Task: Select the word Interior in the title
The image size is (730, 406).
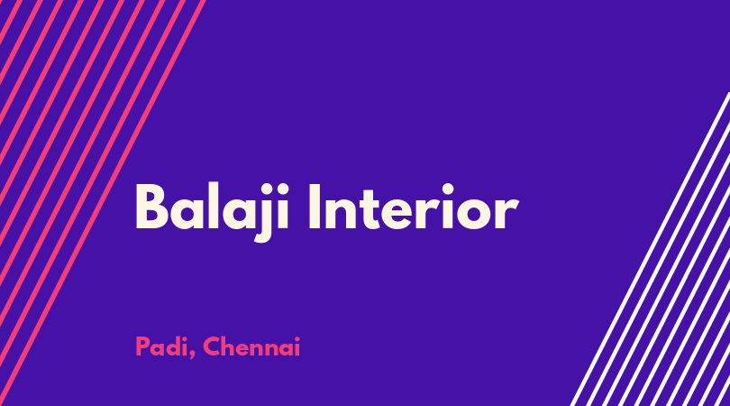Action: pyautogui.click(x=413, y=207)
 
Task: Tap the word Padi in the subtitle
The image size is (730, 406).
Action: pyautogui.click(x=161, y=346)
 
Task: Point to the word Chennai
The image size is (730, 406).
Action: pyautogui.click(x=251, y=346)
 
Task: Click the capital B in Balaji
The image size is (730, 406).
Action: pyautogui.click(x=151, y=207)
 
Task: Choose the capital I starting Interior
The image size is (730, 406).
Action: pyautogui.click(x=315, y=207)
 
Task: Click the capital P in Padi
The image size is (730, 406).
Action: pyautogui.click(x=141, y=346)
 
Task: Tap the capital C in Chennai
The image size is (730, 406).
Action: pyautogui.click(x=211, y=346)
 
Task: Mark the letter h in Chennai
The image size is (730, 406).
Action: pyautogui.click(x=228, y=346)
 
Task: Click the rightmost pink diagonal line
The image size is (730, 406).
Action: pyautogui.click(x=102, y=203)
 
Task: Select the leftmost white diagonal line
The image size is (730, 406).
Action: pyautogui.click(x=651, y=249)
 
